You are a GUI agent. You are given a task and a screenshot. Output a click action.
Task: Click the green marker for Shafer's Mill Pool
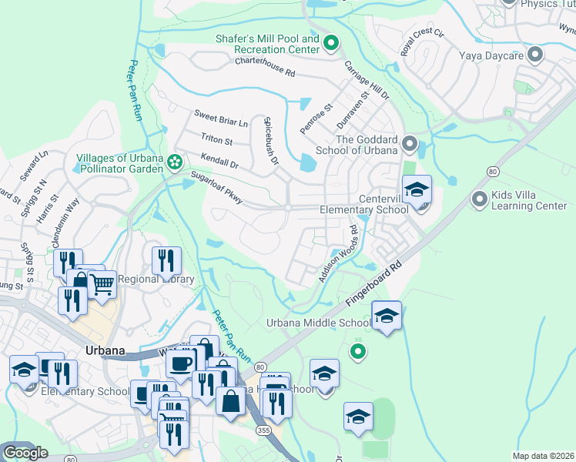click(x=332, y=43)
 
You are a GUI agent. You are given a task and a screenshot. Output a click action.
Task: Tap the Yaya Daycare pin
click(x=535, y=55)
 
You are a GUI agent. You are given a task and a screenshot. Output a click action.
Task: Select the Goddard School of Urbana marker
click(x=410, y=144)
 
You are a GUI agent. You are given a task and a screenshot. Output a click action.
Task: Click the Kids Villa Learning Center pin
click(x=480, y=200)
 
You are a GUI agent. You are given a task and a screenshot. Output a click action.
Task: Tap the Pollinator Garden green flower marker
click(x=175, y=162)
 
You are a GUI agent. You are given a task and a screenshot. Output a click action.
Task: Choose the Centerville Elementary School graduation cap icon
click(x=417, y=190)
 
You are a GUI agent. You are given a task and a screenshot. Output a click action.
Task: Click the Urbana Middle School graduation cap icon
click(x=387, y=316)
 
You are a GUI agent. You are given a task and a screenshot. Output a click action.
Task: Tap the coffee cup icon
click(x=181, y=363)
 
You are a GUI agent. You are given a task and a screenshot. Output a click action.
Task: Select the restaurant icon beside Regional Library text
click(x=166, y=261)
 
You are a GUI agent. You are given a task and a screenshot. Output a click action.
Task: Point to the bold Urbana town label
click(x=105, y=350)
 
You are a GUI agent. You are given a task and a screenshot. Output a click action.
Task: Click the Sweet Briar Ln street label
click(x=221, y=122)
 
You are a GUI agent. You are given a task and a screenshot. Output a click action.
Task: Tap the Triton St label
click(x=216, y=140)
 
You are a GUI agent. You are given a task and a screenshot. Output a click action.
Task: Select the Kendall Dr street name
click(x=219, y=160)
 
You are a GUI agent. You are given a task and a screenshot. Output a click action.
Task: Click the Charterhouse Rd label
click(x=265, y=72)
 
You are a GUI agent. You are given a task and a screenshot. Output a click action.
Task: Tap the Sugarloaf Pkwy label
click(x=218, y=189)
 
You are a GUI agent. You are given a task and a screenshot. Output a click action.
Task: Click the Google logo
click(x=26, y=453)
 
